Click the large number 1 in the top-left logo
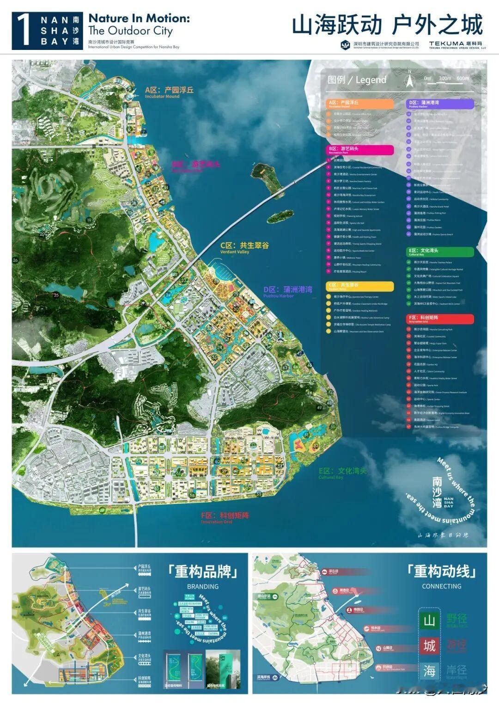pyautogui.click(x=24, y=31)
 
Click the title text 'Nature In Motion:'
pyautogui.click(x=139, y=18)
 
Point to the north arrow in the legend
pyautogui.click(x=409, y=80)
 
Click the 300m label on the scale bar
pyautogui.click(x=444, y=78)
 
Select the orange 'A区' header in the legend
pyautogui.click(x=360, y=104)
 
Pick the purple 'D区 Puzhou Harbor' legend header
pyautogui.click(x=440, y=104)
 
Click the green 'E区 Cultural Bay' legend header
pyautogui.click(x=440, y=252)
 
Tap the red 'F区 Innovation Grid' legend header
pyautogui.click(x=440, y=319)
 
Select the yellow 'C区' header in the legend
pyautogui.click(x=360, y=286)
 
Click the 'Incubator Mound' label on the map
pyautogui.click(x=162, y=97)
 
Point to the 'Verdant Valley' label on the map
pyautogui.click(x=235, y=252)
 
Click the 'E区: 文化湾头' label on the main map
pyautogui.click(x=342, y=471)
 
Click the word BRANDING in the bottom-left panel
pyautogui.click(x=203, y=586)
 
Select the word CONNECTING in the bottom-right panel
pyautogui.click(x=441, y=586)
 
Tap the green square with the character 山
pyautogui.click(x=429, y=620)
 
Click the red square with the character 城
pyautogui.click(x=429, y=645)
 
